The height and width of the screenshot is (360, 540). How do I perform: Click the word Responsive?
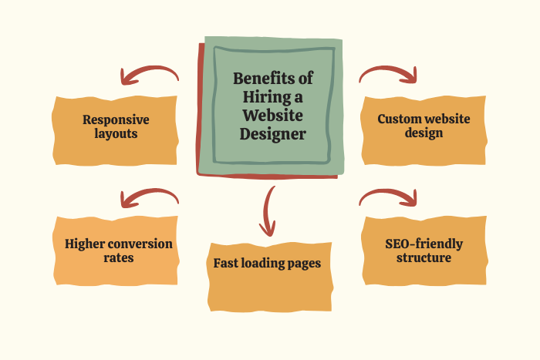pos(116,119)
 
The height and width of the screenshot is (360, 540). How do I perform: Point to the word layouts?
pos(116,133)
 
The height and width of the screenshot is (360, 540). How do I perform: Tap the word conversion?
pos(140,244)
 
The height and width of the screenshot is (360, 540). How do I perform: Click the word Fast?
pos(228,264)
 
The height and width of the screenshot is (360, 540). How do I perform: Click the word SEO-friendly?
pos(424,244)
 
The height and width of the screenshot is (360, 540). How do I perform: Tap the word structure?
pos(424,258)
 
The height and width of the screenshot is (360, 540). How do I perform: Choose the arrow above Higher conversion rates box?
pos(150,198)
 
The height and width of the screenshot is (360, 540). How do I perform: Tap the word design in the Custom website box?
pos(424,133)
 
